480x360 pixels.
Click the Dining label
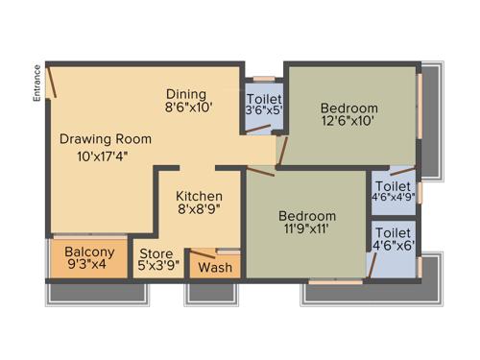[x=185, y=93]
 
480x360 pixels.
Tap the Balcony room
[x=88, y=259]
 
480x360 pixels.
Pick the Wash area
[x=214, y=267]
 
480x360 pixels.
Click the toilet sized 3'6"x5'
[x=264, y=105]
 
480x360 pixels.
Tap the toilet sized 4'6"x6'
[x=394, y=239]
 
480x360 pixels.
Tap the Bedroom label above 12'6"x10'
[x=349, y=108]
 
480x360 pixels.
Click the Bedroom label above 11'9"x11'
[x=307, y=216]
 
